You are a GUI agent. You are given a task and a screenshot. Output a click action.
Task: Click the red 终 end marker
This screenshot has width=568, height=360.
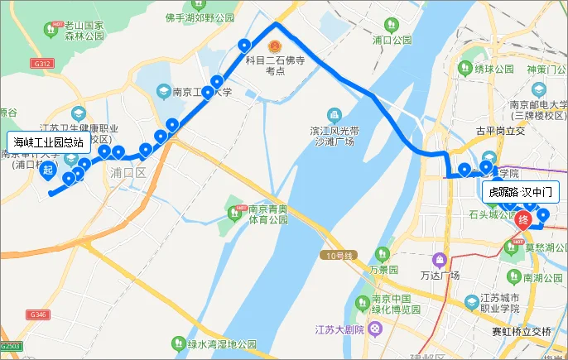pos(524,220)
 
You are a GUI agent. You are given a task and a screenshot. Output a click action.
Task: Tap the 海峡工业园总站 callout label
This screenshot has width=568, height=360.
pos(48,142)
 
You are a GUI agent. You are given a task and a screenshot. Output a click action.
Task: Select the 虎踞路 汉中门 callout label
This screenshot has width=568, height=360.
pos(522,192)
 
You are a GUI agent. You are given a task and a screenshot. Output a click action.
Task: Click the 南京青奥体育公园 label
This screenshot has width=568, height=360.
pos(268,215)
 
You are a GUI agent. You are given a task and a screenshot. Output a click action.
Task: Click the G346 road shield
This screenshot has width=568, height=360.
pos(36,315)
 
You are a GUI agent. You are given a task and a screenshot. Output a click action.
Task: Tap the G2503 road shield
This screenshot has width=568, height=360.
pos(10,345)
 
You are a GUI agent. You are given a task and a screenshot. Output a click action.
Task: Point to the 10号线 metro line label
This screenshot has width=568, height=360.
pos(339,255)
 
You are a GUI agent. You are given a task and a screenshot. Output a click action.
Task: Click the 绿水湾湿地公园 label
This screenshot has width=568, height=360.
pos(221,343)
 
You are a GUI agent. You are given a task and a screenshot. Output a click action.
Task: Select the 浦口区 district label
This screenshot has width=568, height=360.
pos(128,173)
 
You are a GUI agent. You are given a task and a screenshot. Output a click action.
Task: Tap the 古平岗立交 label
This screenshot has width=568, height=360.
pos(496,131)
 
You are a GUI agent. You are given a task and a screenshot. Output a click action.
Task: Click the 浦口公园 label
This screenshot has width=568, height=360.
pos(392,39)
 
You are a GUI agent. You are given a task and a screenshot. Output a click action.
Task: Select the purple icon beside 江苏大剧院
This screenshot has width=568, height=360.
pos(377,329)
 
